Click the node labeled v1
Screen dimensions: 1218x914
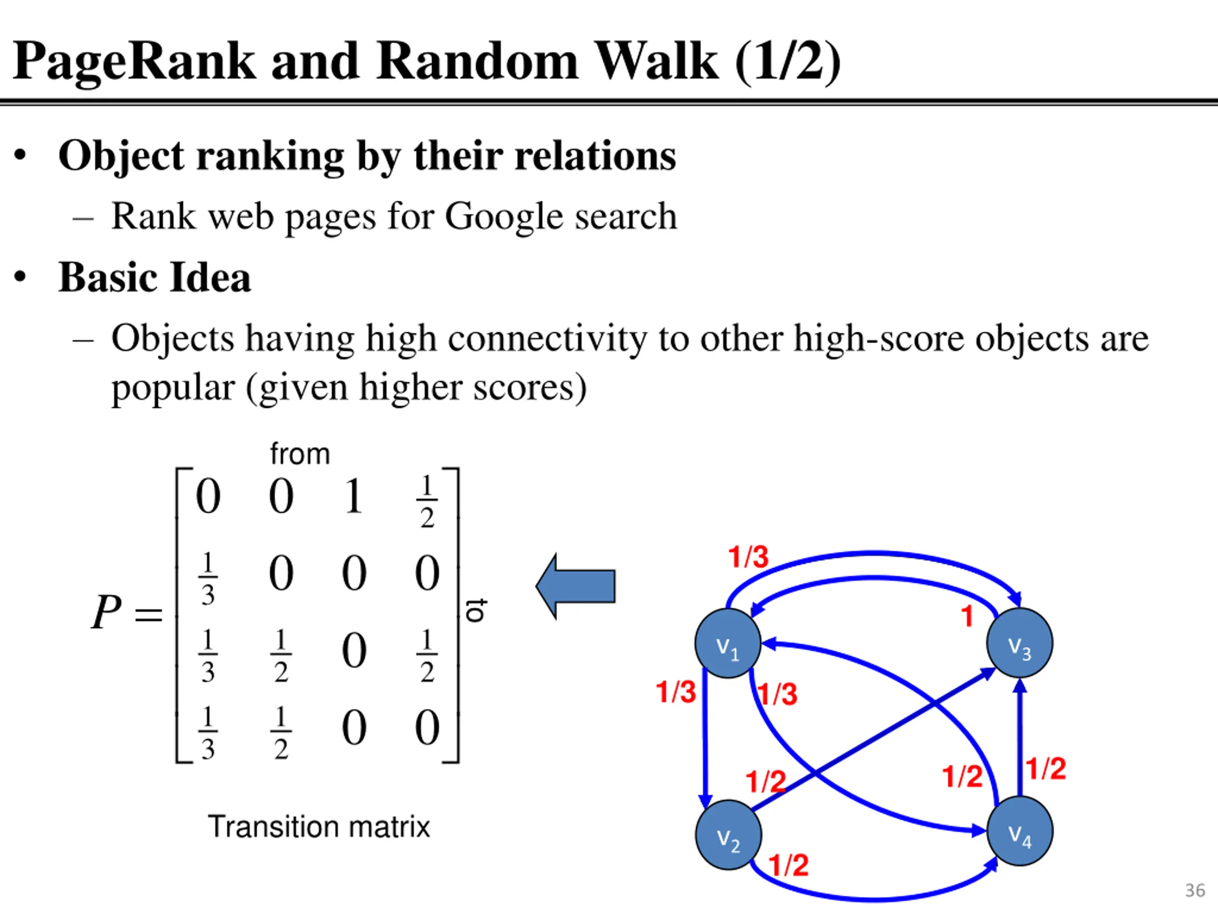click(x=728, y=643)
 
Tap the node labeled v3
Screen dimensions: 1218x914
click(x=1020, y=643)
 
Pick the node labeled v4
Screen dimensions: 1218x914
click(x=1020, y=831)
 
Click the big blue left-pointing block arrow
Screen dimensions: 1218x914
click(x=575, y=586)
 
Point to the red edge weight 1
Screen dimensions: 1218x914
click(x=967, y=616)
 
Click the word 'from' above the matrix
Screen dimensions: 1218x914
click(x=300, y=454)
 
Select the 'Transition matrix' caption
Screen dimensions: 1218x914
click(x=319, y=826)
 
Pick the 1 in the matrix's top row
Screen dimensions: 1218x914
click(x=354, y=497)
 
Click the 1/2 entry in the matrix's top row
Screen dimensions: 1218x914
click(x=427, y=502)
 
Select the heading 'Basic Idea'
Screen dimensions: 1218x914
click(x=155, y=277)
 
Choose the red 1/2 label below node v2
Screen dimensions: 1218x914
click(x=788, y=865)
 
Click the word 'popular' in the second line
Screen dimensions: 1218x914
click(x=173, y=388)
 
